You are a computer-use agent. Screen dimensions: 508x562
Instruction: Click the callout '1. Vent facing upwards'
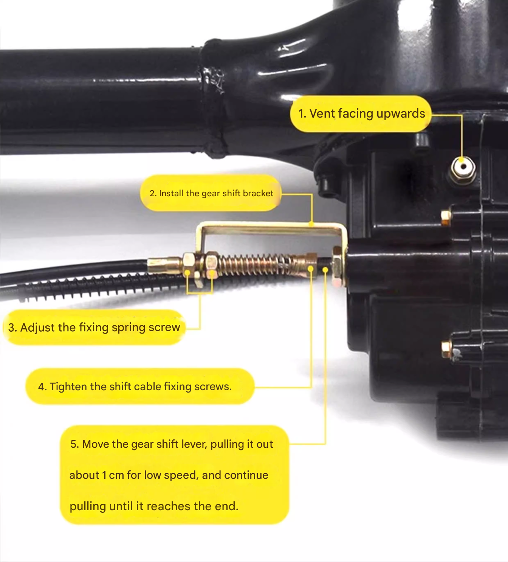tap(361, 114)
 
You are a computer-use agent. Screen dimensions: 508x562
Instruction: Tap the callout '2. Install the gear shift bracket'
tap(211, 193)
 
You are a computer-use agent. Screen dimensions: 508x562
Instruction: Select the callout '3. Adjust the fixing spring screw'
tap(94, 327)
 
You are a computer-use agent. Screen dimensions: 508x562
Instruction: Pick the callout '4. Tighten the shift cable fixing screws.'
tap(140, 387)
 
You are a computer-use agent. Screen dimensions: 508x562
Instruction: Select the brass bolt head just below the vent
tap(446, 217)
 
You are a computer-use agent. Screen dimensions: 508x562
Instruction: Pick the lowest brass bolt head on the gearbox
tap(446, 349)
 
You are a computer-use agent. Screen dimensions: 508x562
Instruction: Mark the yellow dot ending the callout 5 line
tap(325, 270)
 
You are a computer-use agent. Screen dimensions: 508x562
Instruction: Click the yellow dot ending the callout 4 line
tap(310, 269)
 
